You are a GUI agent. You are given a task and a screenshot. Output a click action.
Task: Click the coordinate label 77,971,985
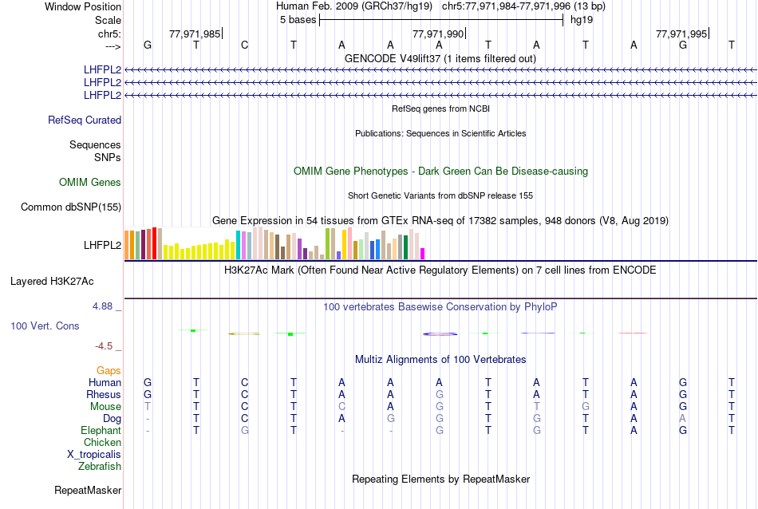pyautogui.click(x=195, y=34)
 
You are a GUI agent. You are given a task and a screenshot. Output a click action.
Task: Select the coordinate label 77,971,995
pyautogui.click(x=681, y=34)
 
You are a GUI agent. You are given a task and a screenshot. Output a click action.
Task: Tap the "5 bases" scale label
pyautogui.click(x=298, y=20)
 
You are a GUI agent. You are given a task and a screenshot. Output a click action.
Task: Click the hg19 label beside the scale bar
pyautogui.click(x=580, y=20)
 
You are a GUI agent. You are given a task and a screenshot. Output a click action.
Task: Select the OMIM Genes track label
pyautogui.click(x=90, y=183)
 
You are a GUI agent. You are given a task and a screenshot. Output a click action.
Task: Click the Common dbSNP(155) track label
pyautogui.click(x=71, y=207)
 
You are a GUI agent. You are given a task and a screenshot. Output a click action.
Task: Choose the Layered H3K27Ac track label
pyautogui.click(x=52, y=282)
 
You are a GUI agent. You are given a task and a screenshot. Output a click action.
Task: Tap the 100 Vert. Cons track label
pyautogui.click(x=45, y=326)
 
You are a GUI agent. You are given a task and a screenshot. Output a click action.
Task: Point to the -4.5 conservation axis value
pyautogui.click(x=106, y=346)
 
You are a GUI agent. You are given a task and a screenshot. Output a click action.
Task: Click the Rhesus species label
pyautogui.click(x=104, y=395)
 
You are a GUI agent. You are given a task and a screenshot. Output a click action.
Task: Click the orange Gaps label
pyautogui.click(x=109, y=371)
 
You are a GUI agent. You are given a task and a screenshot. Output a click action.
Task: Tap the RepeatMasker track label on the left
pyautogui.click(x=88, y=491)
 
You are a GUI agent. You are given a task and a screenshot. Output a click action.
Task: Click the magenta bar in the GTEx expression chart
pyautogui.click(x=423, y=254)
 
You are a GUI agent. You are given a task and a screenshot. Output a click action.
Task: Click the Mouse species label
pyautogui.click(x=105, y=407)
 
